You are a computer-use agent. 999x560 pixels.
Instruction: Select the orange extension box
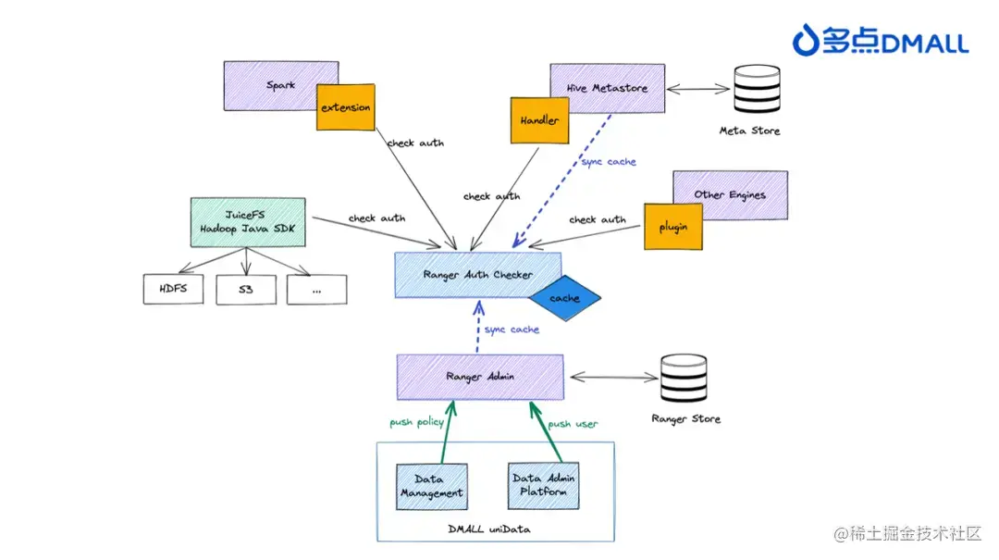(346, 107)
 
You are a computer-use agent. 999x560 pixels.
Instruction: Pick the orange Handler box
(538, 120)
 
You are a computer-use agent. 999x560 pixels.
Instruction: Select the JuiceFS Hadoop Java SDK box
(246, 222)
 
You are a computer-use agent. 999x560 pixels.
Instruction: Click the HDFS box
(173, 289)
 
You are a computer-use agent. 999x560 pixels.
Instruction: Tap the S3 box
(245, 290)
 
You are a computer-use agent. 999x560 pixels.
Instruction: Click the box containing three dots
(316, 290)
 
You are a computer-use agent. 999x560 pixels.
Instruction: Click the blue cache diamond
(564, 298)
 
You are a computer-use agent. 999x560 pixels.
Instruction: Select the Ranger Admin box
(479, 377)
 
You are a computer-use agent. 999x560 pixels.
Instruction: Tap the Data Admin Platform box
(544, 485)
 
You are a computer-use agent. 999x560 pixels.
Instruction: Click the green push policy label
(415, 422)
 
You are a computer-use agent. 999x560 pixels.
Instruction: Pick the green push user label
(573, 424)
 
